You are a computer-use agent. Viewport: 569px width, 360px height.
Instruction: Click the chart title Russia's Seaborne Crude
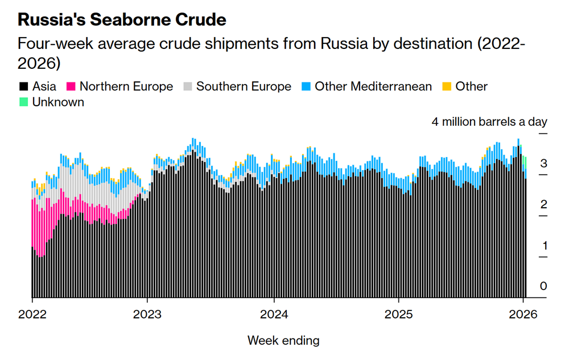point(122,20)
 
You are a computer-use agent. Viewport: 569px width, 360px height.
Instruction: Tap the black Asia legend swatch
point(23,87)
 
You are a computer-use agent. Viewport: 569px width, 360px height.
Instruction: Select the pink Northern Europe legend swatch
point(71,87)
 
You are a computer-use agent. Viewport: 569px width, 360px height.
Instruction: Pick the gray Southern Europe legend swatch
point(187,87)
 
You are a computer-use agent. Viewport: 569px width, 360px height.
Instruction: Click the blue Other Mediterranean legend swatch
point(306,87)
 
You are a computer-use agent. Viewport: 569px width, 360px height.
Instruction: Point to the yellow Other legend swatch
point(447,87)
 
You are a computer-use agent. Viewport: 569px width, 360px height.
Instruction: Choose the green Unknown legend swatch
point(23,102)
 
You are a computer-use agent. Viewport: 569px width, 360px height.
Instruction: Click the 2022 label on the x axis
point(32,314)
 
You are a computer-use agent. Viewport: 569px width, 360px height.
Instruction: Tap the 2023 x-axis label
point(147,314)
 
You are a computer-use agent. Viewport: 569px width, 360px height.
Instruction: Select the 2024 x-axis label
point(274,314)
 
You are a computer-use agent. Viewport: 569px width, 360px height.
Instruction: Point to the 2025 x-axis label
point(398,314)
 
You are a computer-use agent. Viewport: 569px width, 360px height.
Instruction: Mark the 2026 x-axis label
point(523,314)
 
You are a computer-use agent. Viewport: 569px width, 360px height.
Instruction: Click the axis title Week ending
point(283,341)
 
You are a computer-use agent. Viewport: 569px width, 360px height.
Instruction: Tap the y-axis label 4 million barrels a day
point(489,122)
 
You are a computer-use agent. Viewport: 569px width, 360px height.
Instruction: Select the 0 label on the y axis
point(543,286)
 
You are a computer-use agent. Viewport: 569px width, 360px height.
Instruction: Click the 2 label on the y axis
point(543,204)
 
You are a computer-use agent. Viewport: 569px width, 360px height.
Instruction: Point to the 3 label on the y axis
point(543,164)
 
